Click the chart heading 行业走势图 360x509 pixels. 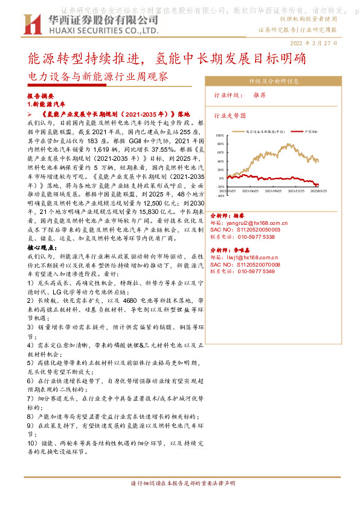point(230,115)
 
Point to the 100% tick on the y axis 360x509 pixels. point(219,136)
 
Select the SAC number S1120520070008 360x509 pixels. point(253,264)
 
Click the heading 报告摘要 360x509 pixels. point(40,96)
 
